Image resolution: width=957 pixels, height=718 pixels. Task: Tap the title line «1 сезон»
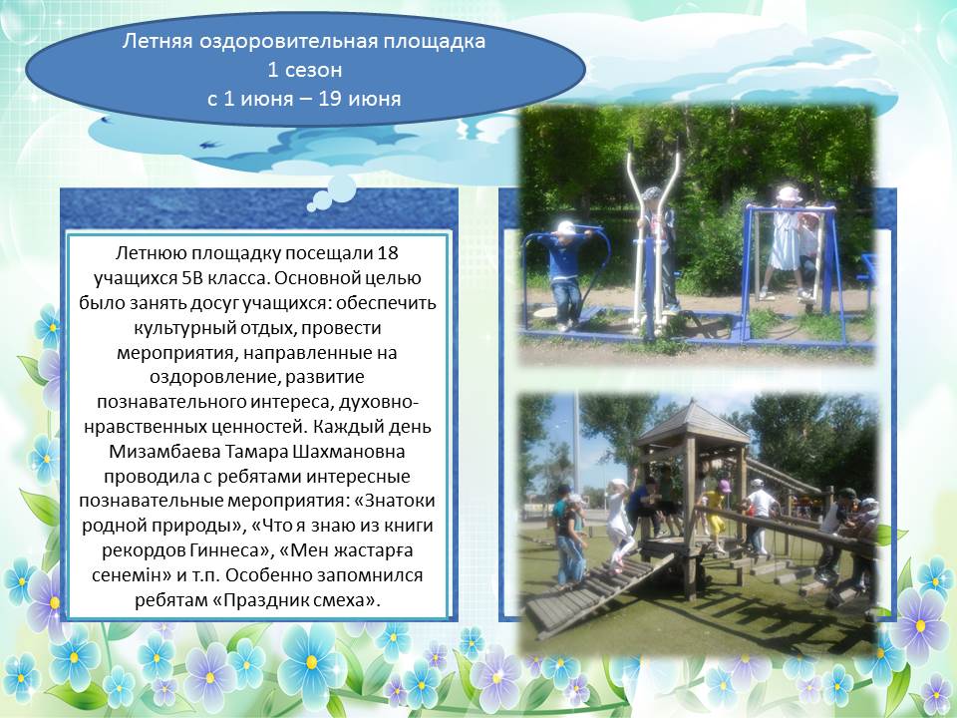tap(305, 70)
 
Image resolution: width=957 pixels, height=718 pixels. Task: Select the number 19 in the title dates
tap(330, 99)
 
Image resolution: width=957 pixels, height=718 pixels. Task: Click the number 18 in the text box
tap(388, 252)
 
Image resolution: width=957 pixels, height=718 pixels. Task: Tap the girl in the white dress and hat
tap(787, 244)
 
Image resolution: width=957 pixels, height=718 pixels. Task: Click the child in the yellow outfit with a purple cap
tap(717, 513)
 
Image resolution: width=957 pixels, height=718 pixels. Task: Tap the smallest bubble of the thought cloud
tap(311, 207)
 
